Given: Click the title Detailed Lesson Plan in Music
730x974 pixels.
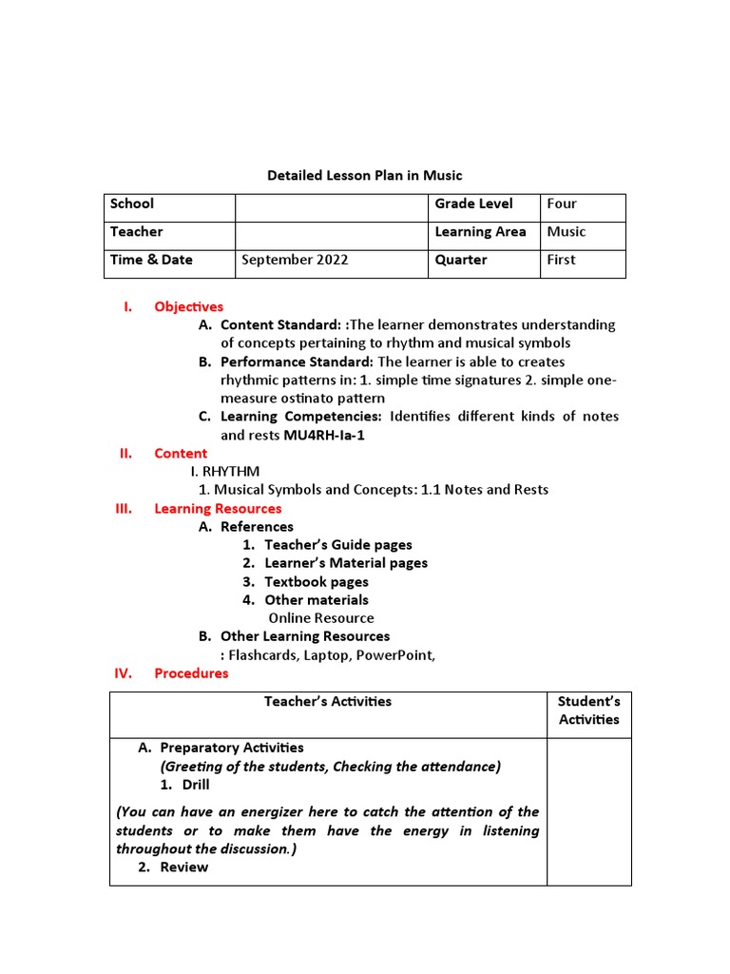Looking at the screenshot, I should [364, 175].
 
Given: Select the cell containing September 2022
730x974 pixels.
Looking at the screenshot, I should [295, 260].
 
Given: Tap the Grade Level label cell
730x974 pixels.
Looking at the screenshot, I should [473, 204].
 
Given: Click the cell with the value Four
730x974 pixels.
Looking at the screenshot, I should [562, 204].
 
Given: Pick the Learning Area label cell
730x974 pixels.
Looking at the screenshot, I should [480, 232].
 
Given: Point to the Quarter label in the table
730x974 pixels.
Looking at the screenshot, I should [461, 260].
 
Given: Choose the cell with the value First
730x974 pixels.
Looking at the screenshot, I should [561, 260].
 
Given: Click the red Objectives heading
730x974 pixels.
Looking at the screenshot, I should [188, 306].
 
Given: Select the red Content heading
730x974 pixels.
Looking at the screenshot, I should [181, 454].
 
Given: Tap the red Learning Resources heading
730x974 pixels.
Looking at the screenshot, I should [218, 509].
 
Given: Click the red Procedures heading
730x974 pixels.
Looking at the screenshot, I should [191, 673].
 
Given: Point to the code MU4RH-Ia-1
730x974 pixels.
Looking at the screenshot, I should [324, 435].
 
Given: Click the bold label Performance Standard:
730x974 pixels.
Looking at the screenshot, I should [297, 361].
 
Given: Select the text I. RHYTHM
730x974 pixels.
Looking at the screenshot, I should [225, 472].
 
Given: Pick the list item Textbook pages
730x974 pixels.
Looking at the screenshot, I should [316, 581].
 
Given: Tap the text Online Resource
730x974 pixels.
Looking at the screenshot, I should [320, 618].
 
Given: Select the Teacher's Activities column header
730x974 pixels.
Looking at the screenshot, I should [327, 701].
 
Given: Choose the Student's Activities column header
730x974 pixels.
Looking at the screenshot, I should [588, 711].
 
